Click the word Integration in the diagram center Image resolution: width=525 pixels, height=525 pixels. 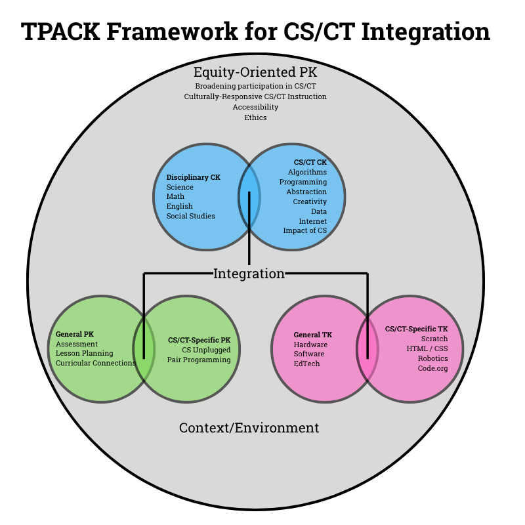(249, 274)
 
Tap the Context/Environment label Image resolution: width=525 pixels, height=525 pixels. (249, 428)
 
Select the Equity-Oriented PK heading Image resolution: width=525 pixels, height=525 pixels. (255, 72)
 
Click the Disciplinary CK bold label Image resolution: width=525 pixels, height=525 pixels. (194, 177)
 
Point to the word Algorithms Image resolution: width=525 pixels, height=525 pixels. (307, 172)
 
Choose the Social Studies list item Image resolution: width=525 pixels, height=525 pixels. (190, 216)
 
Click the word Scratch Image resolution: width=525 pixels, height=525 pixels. (434, 339)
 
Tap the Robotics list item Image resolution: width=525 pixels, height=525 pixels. (432, 358)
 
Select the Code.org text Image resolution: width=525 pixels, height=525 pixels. (432, 368)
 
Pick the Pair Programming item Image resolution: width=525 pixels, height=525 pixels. (199, 360)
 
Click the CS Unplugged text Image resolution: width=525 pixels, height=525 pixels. (206, 350)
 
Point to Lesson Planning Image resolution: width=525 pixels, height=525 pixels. (84, 353)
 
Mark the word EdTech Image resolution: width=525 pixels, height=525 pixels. (306, 364)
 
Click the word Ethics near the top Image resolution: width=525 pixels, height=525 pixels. (255, 117)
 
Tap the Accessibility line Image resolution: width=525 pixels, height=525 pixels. (255, 107)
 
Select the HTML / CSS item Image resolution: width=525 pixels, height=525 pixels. (427, 348)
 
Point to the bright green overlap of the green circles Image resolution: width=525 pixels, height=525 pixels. (144, 348)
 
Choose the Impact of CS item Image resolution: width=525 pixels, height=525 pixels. (304, 230)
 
